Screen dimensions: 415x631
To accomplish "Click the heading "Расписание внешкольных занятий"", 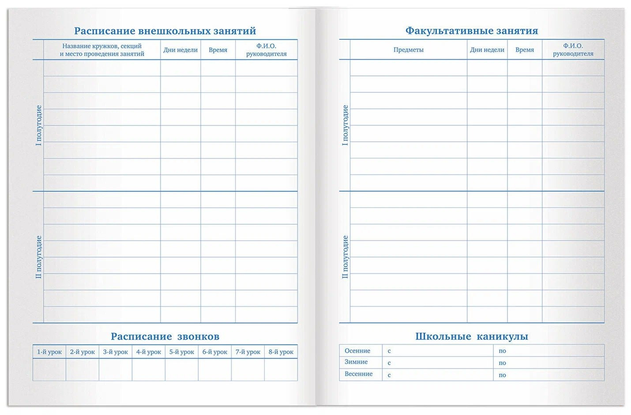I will [165, 31].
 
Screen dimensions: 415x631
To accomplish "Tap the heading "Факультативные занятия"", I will [471, 31].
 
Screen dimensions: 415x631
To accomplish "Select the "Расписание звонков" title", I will [165, 336].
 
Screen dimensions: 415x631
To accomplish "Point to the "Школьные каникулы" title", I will [471, 336].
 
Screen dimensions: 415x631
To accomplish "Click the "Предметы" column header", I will [408, 50].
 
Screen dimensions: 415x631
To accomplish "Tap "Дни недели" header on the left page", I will [180, 50].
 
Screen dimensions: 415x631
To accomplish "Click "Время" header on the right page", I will [524, 50].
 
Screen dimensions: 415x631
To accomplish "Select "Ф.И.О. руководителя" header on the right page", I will [573, 50].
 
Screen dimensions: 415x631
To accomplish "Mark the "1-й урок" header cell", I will [49, 352].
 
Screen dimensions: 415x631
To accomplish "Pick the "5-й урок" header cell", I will [181, 352].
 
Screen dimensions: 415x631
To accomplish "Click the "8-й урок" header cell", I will [281, 352].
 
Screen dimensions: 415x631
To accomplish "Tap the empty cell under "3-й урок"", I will [115, 370].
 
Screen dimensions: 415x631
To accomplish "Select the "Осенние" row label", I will [357, 351].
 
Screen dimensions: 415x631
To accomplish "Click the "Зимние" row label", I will [356, 362].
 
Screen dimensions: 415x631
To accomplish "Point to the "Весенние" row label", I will [358, 374].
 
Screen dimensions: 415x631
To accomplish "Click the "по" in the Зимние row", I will [502, 363].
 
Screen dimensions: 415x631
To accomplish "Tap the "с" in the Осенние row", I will [389, 351].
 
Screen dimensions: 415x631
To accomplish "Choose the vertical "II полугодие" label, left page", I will [39, 257].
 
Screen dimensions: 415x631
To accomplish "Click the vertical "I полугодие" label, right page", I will [345, 125].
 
